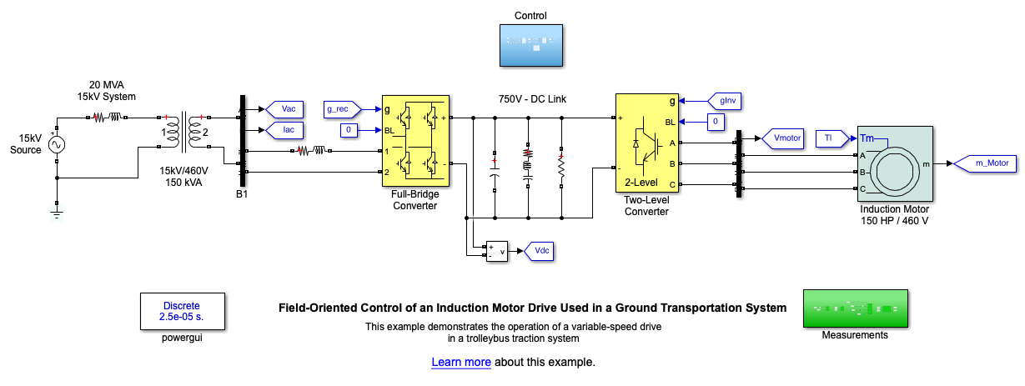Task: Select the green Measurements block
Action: (x=854, y=308)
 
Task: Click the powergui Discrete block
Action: (x=182, y=312)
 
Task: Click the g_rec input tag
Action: (x=343, y=109)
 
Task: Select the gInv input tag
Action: (x=724, y=101)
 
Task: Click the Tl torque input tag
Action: (x=827, y=138)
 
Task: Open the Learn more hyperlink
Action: (x=460, y=363)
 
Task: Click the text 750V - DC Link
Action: (x=532, y=99)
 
